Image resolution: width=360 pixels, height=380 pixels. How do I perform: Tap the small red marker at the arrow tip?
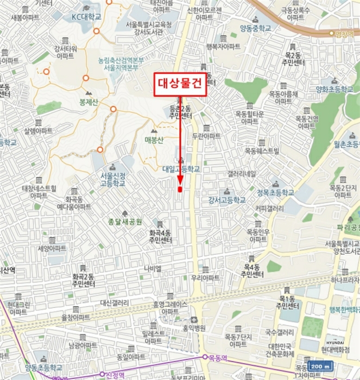coord(180,189)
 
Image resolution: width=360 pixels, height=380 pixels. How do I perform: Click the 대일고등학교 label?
coord(181,169)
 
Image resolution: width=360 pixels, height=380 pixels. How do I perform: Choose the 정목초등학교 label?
coord(275,192)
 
